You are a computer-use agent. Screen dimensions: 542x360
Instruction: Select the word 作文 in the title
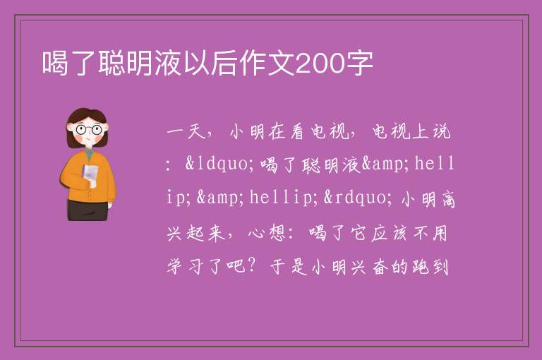tap(267, 64)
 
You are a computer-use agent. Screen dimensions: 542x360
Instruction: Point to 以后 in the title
tap(211, 64)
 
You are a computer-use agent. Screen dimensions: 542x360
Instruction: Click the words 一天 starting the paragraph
tap(186, 132)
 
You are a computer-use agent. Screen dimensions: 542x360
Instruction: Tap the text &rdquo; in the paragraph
tap(358, 198)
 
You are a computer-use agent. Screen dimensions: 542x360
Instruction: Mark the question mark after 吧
tap(252, 266)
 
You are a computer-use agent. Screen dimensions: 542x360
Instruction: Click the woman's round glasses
tap(89, 130)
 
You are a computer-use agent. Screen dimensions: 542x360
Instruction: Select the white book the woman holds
tap(90, 175)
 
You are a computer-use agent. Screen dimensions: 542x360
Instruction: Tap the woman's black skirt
tap(88, 210)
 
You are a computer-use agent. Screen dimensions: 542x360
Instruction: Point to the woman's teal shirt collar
tap(90, 154)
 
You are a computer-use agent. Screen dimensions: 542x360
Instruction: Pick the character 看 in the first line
tap(297, 132)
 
